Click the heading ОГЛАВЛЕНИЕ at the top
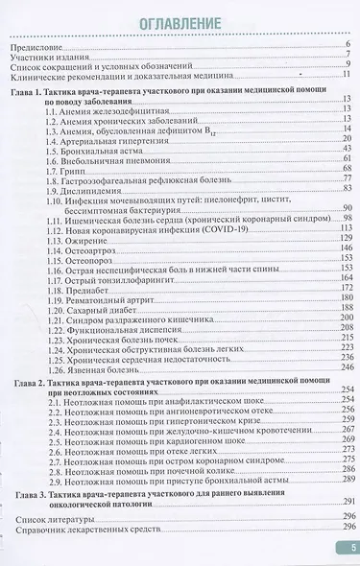coord(180,25)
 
